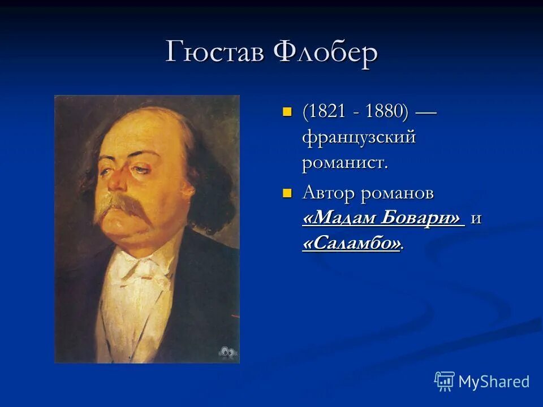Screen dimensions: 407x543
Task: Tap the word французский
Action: [359, 137]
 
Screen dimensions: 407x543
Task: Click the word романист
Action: [344, 163]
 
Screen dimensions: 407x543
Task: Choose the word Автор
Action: [327, 193]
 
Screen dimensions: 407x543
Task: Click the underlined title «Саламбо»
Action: [352, 244]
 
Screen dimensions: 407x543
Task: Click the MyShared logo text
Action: [494, 382]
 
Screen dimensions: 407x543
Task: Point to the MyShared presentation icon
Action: [445, 381]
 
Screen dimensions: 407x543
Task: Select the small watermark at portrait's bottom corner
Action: [227, 351]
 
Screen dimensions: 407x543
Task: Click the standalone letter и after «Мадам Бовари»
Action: [476, 219]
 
